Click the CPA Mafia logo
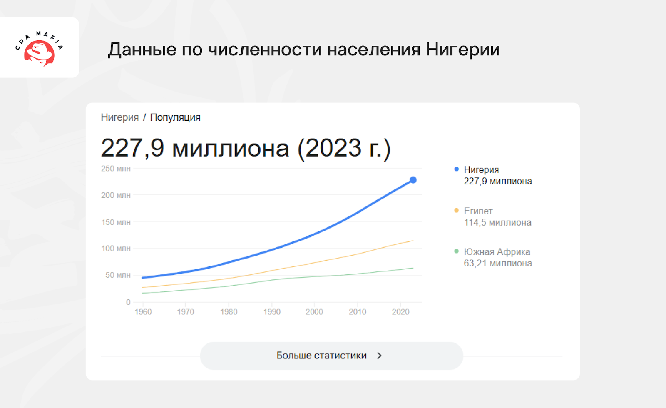(39, 48)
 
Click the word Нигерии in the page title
(462, 49)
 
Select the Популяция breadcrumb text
(175, 117)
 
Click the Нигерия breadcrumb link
(120, 117)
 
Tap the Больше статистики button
(331, 356)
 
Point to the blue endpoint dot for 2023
(413, 180)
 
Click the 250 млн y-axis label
(116, 169)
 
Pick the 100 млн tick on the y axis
(116, 248)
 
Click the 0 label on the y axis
(128, 302)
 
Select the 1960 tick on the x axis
(143, 312)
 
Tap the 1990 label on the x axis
(272, 312)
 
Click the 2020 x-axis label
(400, 312)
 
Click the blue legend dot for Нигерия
(456, 169)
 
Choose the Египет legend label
(478, 211)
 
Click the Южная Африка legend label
(497, 252)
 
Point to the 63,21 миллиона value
(498, 263)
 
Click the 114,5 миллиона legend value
(497, 222)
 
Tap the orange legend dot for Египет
(456, 211)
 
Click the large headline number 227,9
(133, 148)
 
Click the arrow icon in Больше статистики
(379, 356)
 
